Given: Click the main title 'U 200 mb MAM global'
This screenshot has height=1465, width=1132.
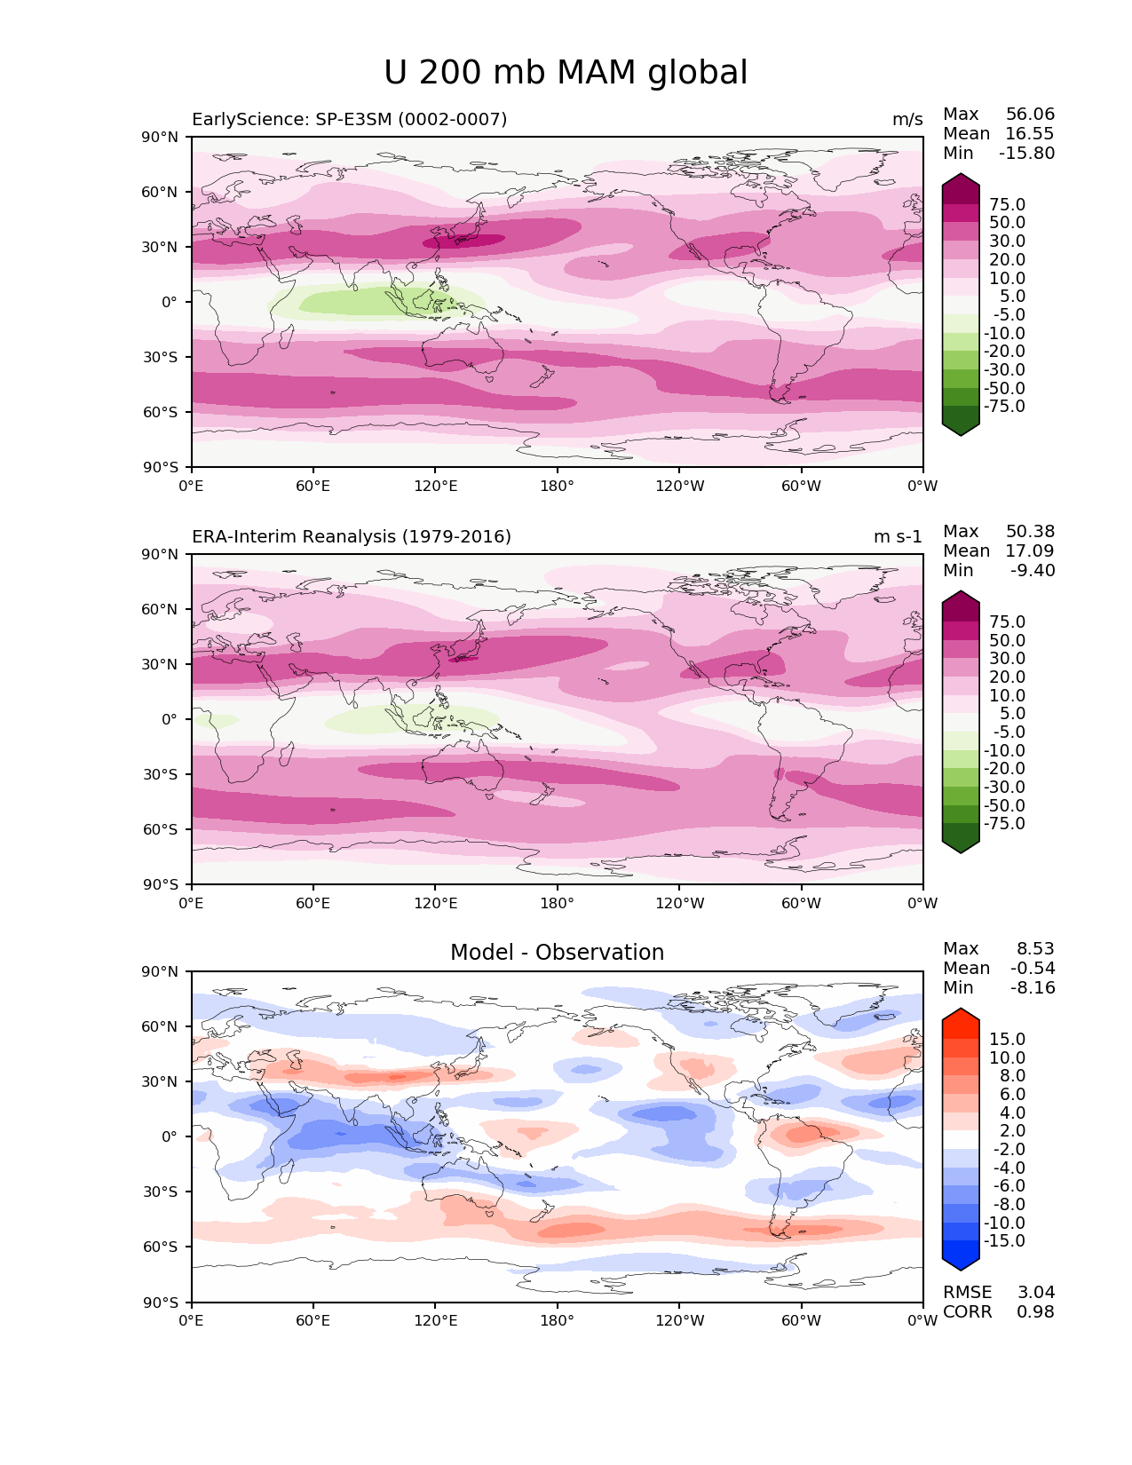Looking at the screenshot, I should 566,73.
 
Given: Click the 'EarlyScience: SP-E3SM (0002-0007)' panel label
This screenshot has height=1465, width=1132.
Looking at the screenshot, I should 349,119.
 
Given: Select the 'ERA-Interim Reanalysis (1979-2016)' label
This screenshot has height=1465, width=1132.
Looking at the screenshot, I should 351,536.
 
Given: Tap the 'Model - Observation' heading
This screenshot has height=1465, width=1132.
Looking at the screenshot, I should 557,953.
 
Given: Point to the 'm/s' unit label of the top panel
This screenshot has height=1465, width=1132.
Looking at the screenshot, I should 907,120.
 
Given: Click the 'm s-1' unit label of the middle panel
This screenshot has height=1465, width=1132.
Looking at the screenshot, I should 898,537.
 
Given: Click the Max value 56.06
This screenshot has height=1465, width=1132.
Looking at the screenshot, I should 1030,115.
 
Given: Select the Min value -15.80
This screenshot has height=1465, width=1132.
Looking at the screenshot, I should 1026,154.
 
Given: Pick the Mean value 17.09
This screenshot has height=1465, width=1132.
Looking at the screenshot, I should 1030,551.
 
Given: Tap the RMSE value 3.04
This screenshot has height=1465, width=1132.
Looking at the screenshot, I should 1036,1293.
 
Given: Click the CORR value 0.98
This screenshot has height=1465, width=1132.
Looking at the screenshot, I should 1036,1312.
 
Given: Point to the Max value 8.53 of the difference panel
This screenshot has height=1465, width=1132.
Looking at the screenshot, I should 1036,949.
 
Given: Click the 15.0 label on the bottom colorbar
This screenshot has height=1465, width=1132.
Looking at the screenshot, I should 1007,1040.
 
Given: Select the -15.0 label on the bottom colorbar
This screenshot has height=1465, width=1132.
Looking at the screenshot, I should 1004,1241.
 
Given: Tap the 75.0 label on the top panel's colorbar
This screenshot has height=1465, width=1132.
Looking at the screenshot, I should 1007,205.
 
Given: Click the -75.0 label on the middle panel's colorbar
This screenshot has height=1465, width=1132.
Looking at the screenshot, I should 1004,824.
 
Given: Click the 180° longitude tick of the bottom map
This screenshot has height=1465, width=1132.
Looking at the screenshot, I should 557,1321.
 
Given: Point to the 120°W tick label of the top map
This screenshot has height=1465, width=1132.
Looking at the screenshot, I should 679,487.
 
